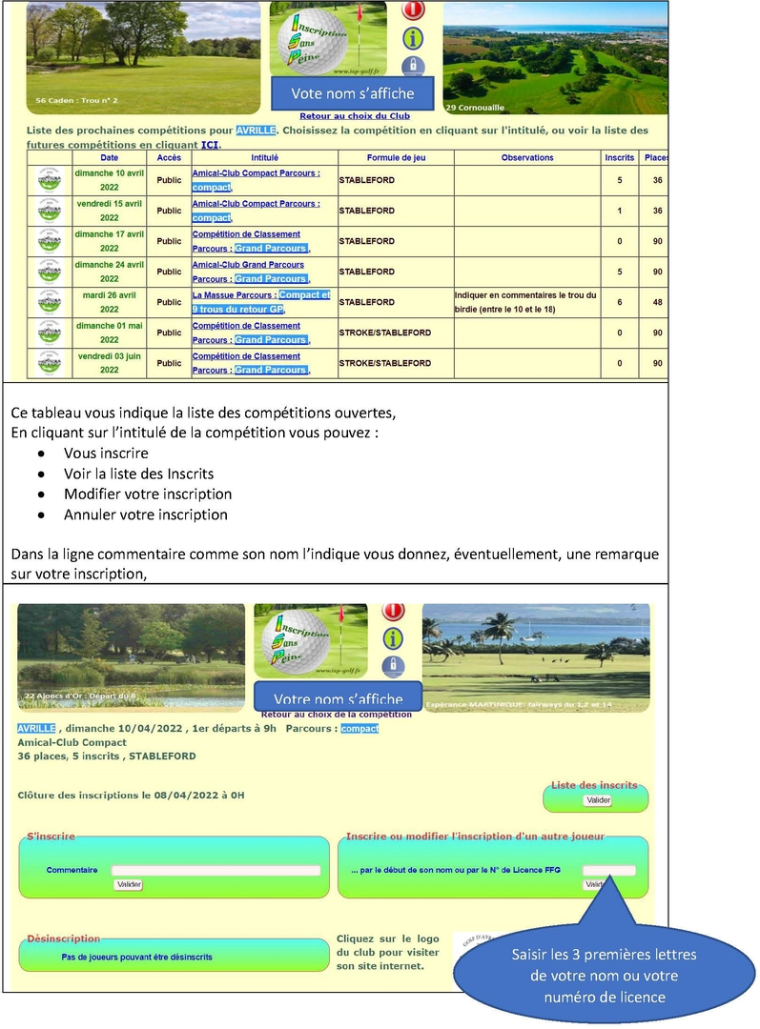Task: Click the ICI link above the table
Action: [x=210, y=144]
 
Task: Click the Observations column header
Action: [x=527, y=157]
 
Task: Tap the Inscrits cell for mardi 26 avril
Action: [x=619, y=302]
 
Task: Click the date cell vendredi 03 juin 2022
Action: [x=110, y=363]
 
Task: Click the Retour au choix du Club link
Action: [x=354, y=116]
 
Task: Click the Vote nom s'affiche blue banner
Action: [x=353, y=93]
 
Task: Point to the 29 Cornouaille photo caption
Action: [x=475, y=108]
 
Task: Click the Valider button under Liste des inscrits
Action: [x=598, y=800]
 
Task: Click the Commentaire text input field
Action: [x=216, y=870]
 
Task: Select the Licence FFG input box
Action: [x=608, y=870]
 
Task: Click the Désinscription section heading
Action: [x=63, y=938]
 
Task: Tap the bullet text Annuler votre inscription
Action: [x=146, y=514]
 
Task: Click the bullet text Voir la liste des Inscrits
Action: [x=139, y=474]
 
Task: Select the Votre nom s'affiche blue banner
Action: [x=338, y=699]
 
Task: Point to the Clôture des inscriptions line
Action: [x=131, y=795]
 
